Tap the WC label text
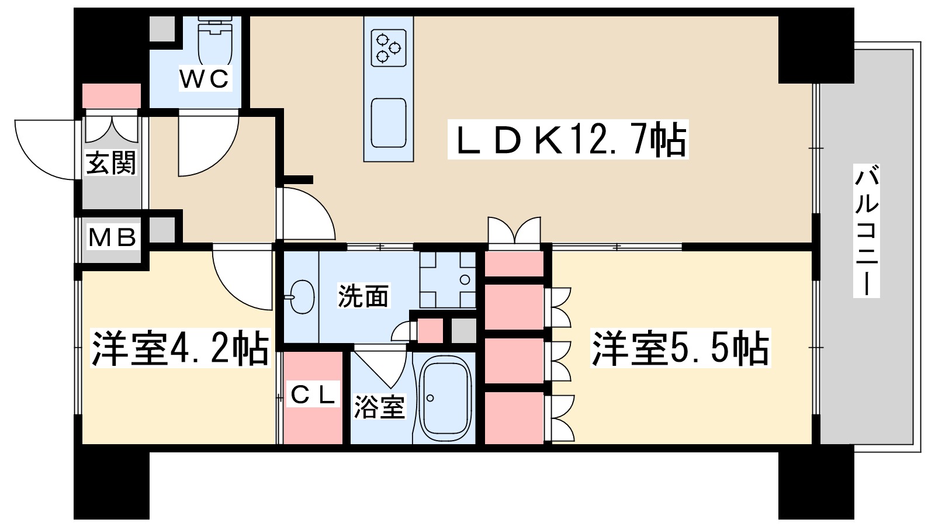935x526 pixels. (204, 79)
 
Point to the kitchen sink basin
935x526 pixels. (389, 123)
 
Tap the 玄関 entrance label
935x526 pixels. (111, 162)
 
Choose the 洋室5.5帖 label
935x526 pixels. (681, 349)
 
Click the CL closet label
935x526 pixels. (313, 396)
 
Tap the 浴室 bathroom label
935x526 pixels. (379, 407)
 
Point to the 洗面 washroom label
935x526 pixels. (363, 297)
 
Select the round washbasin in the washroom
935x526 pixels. (302, 297)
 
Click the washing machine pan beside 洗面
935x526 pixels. (448, 279)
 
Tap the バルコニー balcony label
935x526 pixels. (866, 231)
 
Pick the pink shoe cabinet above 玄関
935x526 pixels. (112, 95)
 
